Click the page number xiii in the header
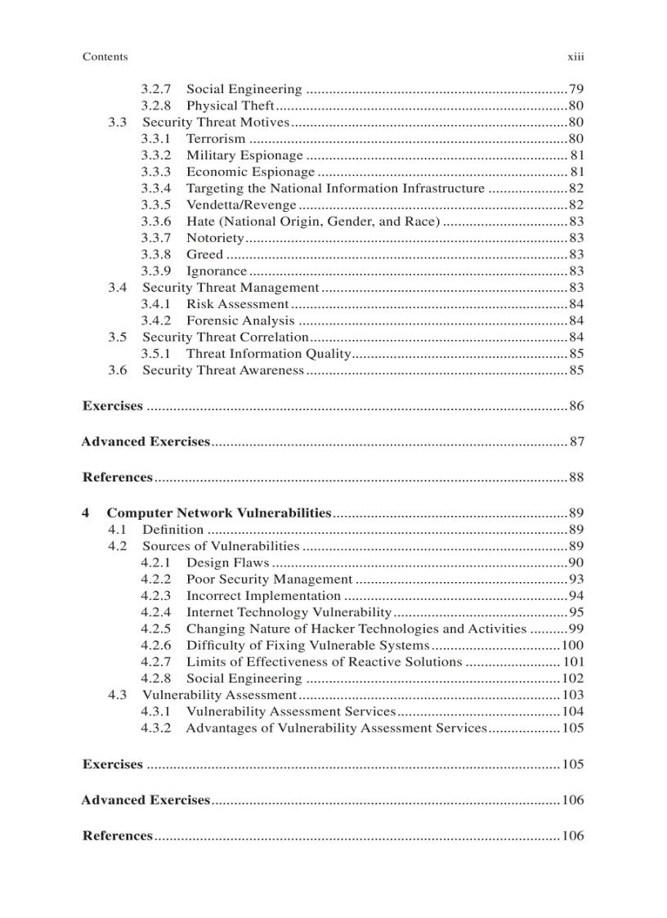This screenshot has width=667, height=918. click(x=576, y=57)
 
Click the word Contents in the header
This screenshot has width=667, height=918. click(x=105, y=57)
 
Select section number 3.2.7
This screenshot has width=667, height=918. click(x=156, y=89)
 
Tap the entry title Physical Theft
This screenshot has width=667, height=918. click(x=231, y=106)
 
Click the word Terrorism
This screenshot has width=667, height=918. click(x=216, y=139)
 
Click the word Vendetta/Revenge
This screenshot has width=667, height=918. click(x=241, y=205)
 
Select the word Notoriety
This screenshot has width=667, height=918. click(x=215, y=238)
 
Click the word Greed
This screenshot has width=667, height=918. click(x=204, y=254)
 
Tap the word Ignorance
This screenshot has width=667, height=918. click(x=217, y=271)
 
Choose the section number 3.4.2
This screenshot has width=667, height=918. click(x=156, y=320)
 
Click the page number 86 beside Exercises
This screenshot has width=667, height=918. click(x=576, y=406)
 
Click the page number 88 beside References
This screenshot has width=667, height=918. click(x=576, y=477)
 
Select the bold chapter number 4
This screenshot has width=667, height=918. click(x=86, y=513)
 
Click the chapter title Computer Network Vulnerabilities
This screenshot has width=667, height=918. click(x=219, y=513)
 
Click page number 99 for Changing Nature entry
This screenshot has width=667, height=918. click(x=576, y=629)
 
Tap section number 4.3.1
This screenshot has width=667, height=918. click(x=156, y=712)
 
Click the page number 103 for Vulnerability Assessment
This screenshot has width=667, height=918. click(x=573, y=695)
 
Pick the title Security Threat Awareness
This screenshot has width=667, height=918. click(x=223, y=370)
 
